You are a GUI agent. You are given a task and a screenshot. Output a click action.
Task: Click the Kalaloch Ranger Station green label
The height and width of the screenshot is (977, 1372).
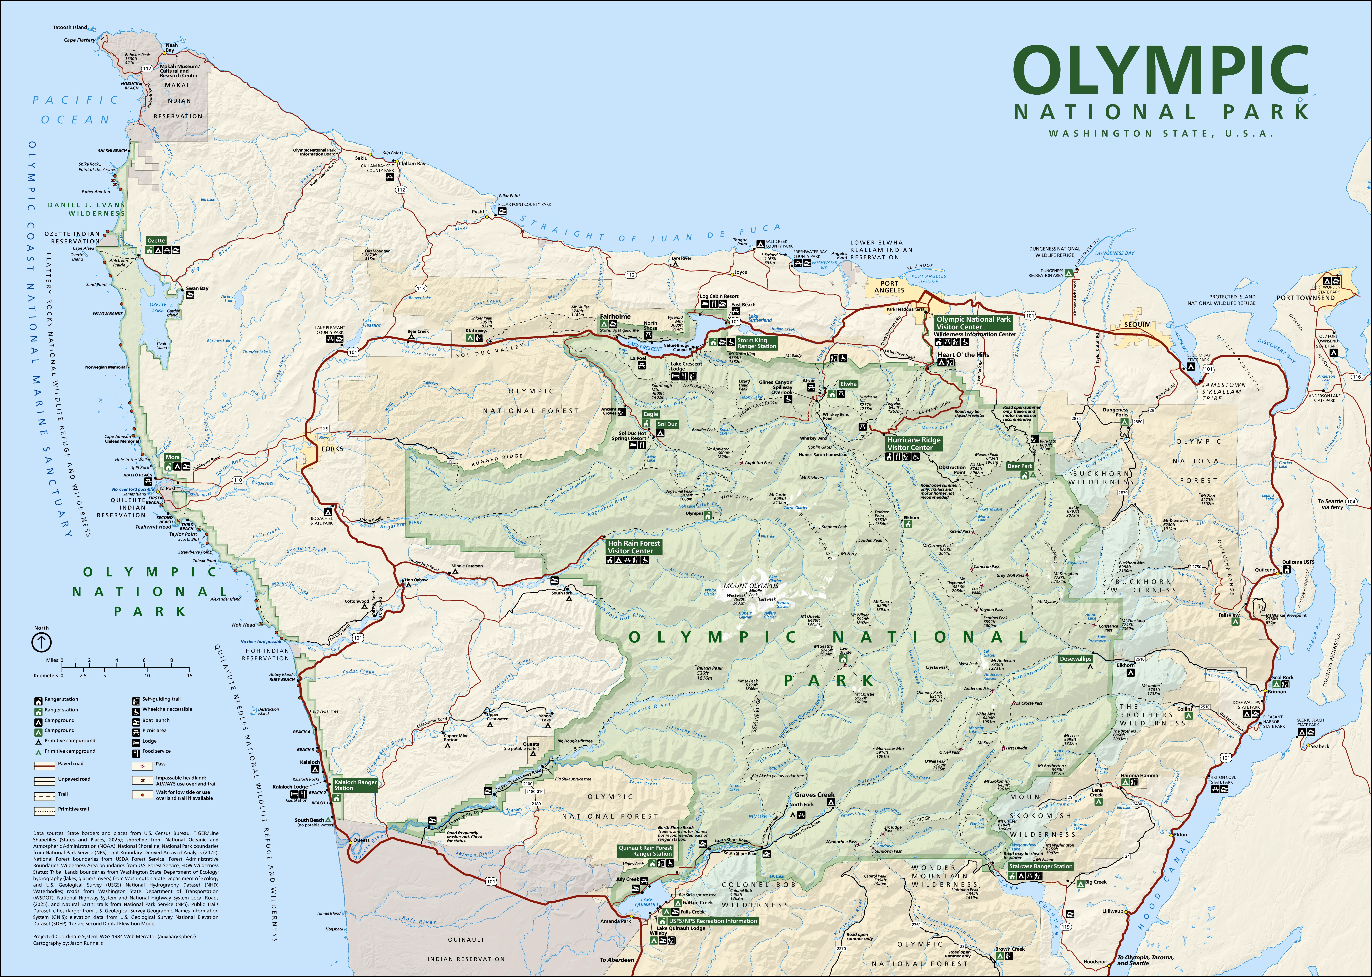pos(355,785)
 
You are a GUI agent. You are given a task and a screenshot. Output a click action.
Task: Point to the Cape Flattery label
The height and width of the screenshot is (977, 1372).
pos(79,40)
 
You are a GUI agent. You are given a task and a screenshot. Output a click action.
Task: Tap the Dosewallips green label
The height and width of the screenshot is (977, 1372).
pos(1075,659)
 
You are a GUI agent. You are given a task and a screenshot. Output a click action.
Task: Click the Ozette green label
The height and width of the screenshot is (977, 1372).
pos(156,241)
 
